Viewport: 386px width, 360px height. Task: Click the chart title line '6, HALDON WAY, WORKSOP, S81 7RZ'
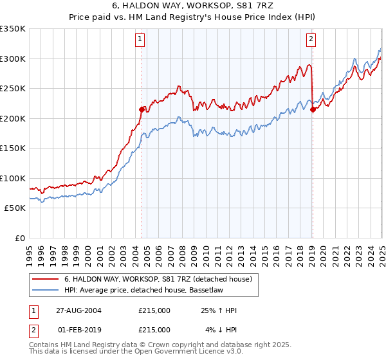(x=192, y=7)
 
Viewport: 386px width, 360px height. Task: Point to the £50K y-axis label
(x=15, y=208)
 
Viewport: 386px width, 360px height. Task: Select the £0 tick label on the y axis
(x=20, y=238)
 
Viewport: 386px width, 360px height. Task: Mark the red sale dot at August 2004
(x=142, y=109)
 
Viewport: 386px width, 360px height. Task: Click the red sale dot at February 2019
(x=312, y=109)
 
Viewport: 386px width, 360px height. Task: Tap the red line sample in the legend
(x=45, y=279)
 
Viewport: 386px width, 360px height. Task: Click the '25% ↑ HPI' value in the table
(x=219, y=310)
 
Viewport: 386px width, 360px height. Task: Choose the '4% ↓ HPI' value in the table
(x=221, y=329)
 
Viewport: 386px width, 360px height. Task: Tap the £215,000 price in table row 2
(x=154, y=329)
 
